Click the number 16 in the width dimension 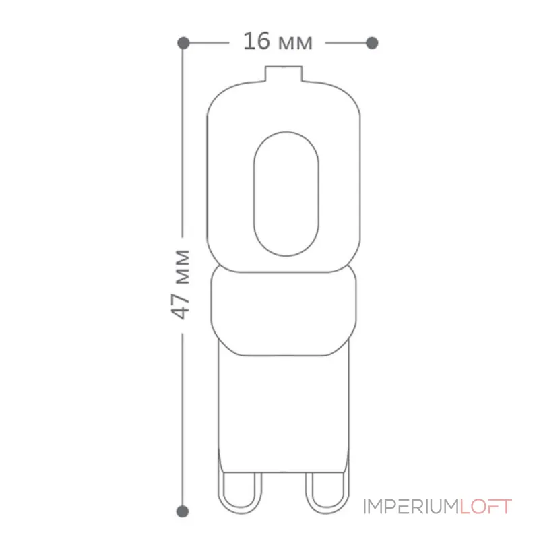point(257,41)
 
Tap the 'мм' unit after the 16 point(295,43)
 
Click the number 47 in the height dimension point(181,306)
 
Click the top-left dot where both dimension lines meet point(183,43)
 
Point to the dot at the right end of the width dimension point(373,43)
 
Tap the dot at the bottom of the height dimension point(182,511)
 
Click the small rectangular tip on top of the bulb point(284,73)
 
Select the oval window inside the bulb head point(286,194)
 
